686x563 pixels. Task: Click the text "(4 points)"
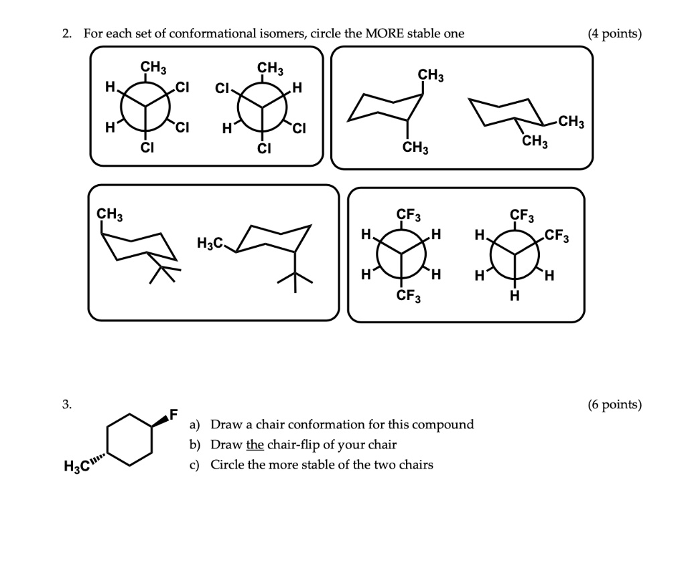[614, 33]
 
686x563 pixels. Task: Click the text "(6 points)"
[614, 405]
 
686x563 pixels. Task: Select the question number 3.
[66, 405]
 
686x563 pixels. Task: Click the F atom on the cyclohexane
[173, 414]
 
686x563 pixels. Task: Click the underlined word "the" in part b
[255, 445]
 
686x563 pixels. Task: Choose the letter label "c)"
[195, 465]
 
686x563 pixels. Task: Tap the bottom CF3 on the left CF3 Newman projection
[408, 297]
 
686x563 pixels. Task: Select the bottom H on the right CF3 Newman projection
[514, 297]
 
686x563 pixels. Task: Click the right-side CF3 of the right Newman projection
[557, 236]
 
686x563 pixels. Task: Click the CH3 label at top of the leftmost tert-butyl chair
[109, 214]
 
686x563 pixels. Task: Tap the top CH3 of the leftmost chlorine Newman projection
[153, 68]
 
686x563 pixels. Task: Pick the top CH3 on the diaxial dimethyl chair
[430, 75]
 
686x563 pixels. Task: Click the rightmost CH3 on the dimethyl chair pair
[571, 123]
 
